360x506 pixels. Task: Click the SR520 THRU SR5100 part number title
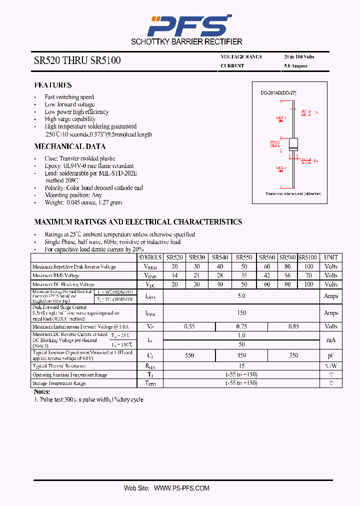[x=77, y=61]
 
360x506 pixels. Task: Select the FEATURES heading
[x=53, y=85]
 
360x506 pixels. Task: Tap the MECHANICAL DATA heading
[x=69, y=146]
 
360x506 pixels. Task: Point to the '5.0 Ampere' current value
[x=295, y=66]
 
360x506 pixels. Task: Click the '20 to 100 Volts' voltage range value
[x=299, y=57]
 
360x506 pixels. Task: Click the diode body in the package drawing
[x=293, y=144]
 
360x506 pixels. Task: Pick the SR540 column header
[x=220, y=257]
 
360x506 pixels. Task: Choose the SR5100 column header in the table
[x=307, y=257]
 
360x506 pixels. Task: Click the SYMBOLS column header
[x=150, y=257]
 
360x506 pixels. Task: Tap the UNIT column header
[x=330, y=257]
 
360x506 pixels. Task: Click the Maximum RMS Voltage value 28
[x=220, y=275]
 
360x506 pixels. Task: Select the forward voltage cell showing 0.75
[x=241, y=326]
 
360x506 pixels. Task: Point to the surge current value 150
[x=241, y=313]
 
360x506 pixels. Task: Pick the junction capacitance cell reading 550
[x=189, y=355]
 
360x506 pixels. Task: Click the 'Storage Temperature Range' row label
[x=59, y=383]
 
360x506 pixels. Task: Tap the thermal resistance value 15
[x=241, y=366]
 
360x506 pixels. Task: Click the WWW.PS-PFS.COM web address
[x=181, y=488]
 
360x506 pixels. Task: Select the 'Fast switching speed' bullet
[x=69, y=97]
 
